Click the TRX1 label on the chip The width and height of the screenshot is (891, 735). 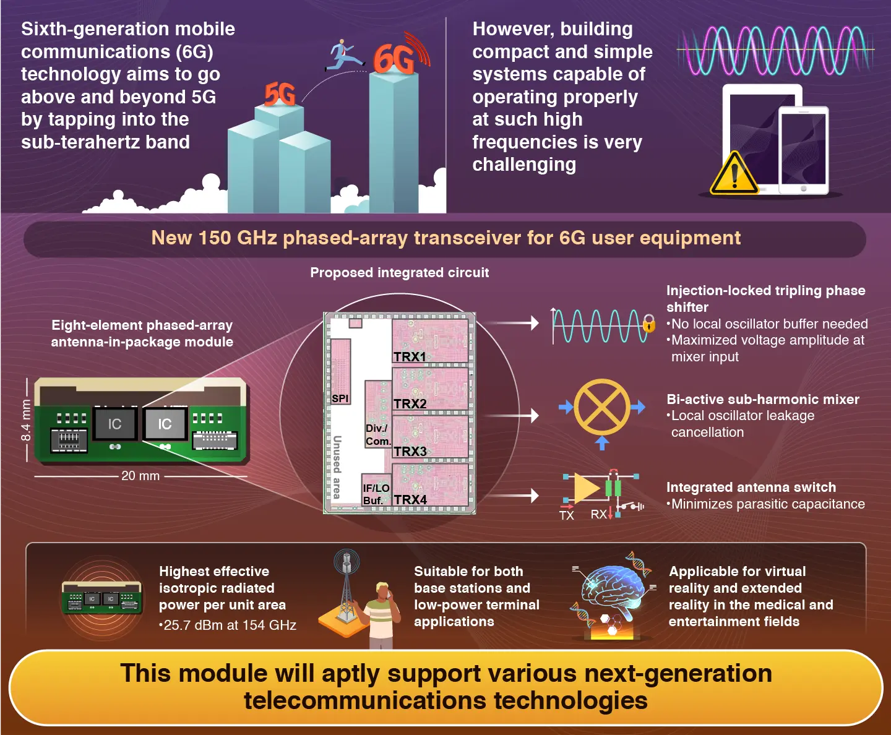410,357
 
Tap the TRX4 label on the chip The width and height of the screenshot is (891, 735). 410,499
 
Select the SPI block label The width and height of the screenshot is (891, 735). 340,398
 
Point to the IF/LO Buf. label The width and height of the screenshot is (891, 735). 376,494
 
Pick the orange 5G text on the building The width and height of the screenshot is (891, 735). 280,95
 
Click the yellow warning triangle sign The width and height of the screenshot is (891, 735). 734,174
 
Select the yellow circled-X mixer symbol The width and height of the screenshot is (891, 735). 601,406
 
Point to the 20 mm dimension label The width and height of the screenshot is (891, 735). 140,476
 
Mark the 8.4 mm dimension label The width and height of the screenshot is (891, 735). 25,421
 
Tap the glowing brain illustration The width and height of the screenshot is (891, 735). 613,588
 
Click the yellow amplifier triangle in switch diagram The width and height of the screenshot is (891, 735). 586,488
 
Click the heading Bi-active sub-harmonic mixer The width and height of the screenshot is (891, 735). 762,399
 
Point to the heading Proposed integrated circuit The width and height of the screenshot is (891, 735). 399,272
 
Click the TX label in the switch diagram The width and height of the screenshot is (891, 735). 566,515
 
